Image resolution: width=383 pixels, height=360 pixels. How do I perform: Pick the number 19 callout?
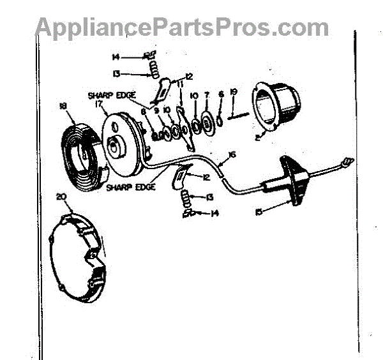[x=234, y=93]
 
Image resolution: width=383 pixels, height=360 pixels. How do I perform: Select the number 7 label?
[x=207, y=95]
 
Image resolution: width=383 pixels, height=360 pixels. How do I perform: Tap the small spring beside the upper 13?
[x=153, y=68]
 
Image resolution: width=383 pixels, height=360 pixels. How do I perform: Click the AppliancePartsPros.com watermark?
[x=183, y=27]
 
